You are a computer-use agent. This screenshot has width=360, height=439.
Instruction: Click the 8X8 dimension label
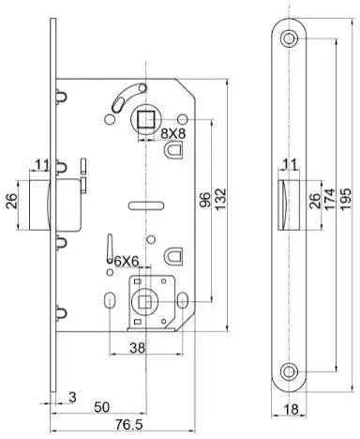(173, 133)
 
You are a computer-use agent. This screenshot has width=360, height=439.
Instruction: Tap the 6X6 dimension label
(126, 262)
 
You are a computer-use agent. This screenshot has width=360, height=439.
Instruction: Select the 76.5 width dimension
(129, 425)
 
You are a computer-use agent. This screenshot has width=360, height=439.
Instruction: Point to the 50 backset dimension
(102, 407)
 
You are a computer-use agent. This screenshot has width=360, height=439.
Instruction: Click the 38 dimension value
(138, 347)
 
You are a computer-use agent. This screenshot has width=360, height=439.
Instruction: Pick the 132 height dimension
(220, 199)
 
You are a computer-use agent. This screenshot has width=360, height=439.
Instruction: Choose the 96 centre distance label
(205, 200)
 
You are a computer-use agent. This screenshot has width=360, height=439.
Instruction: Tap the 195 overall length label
(346, 199)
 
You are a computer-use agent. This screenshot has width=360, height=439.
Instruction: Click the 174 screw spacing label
(330, 199)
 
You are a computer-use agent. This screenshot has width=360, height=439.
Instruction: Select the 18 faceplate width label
(291, 409)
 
